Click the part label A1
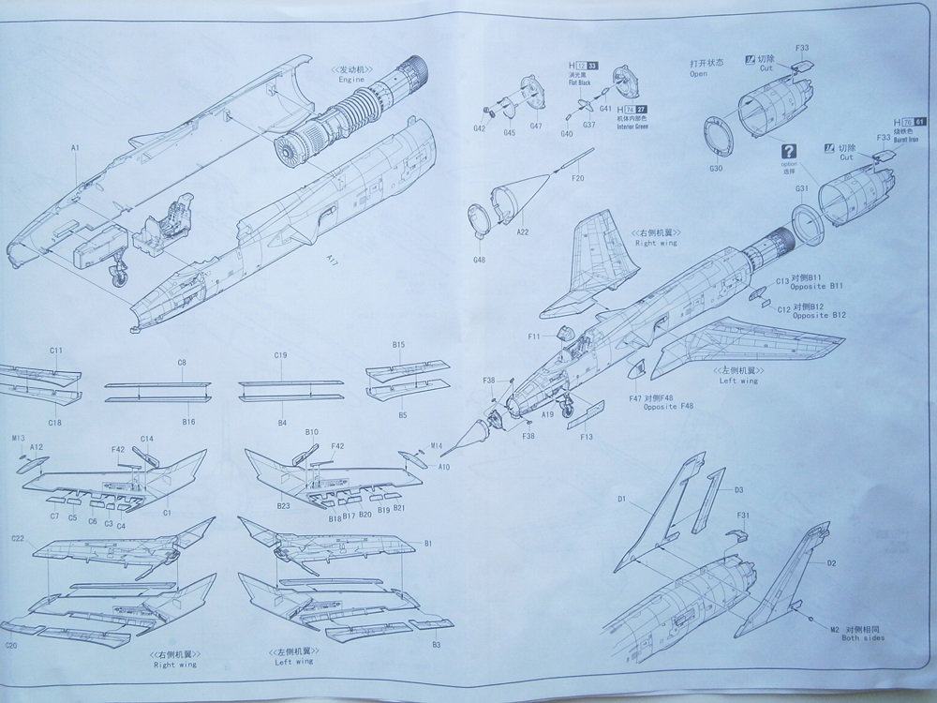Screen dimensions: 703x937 click(x=75, y=147)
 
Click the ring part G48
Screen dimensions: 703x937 click(x=480, y=259)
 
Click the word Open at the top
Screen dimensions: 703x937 click(x=698, y=73)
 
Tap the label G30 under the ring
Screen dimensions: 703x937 click(x=716, y=169)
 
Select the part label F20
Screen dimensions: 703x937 click(x=576, y=178)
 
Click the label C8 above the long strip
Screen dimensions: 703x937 click(x=182, y=362)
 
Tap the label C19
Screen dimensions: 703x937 click(x=280, y=355)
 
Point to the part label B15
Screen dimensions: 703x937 click(x=398, y=345)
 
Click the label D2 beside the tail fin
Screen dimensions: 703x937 click(x=831, y=563)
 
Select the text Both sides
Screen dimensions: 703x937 click(x=862, y=638)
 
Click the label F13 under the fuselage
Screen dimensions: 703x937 click(x=587, y=436)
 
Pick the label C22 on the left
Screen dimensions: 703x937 click(x=18, y=538)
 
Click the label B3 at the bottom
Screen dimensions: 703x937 click(x=437, y=646)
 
